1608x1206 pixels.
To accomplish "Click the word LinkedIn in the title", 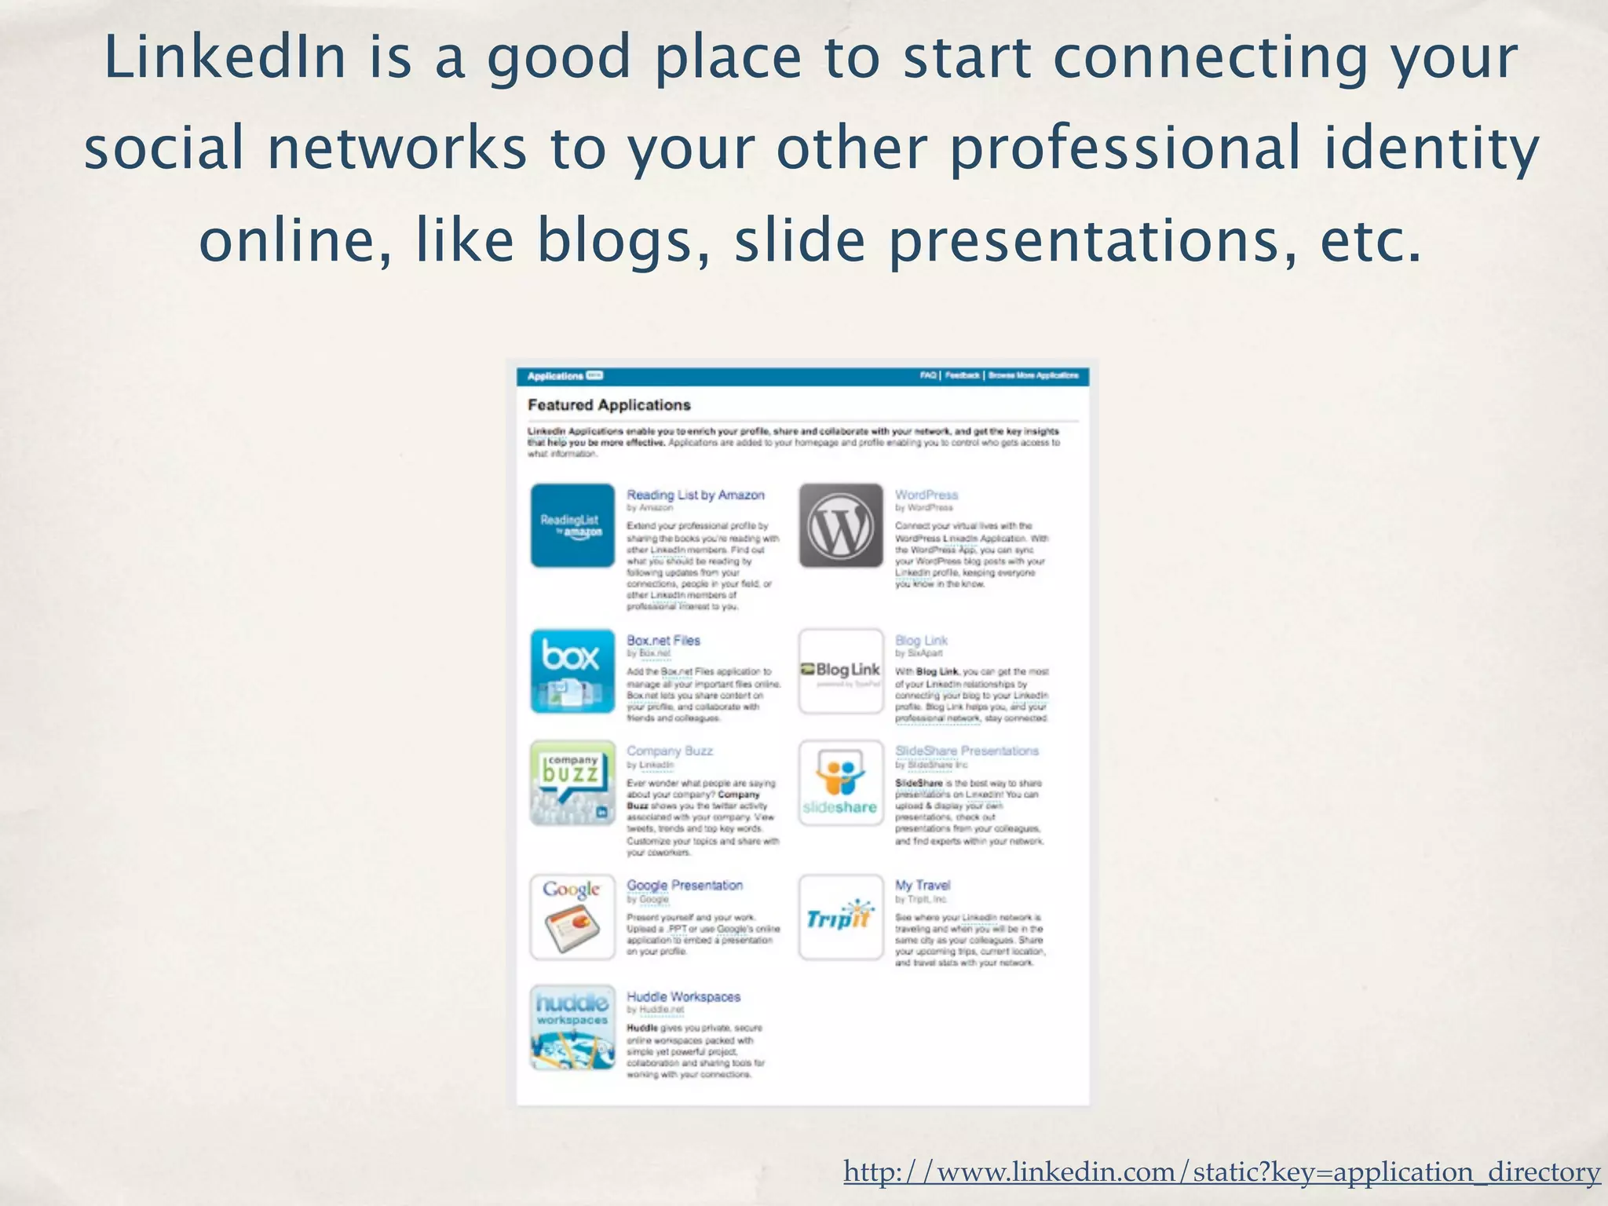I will click(x=225, y=58).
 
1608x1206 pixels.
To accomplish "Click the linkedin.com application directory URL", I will click(x=1222, y=1172).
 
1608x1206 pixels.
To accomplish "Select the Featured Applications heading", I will click(x=608, y=405).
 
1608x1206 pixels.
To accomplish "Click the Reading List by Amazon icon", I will click(x=572, y=525).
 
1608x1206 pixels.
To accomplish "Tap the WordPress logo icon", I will click(x=841, y=525).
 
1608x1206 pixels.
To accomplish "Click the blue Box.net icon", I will click(x=572, y=671).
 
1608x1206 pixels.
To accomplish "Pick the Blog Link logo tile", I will click(x=841, y=671).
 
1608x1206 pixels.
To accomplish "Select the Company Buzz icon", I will click(x=572, y=783).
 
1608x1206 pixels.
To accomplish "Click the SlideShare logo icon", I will click(x=841, y=783).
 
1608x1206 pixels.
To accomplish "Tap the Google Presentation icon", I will click(x=572, y=917).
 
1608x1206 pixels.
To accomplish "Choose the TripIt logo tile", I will click(x=841, y=917).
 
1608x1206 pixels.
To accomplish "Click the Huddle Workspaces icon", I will click(x=572, y=1027).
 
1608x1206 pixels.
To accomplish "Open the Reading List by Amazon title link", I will click(x=695, y=495).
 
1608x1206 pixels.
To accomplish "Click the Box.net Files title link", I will click(x=663, y=641).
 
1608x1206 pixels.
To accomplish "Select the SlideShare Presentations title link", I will click(x=967, y=751).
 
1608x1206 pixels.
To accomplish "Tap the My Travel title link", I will click(x=923, y=886).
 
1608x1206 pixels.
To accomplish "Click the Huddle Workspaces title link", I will click(x=683, y=997).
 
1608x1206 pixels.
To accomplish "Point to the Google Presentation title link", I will click(x=685, y=886).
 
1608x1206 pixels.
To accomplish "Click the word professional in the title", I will click(x=1124, y=149).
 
